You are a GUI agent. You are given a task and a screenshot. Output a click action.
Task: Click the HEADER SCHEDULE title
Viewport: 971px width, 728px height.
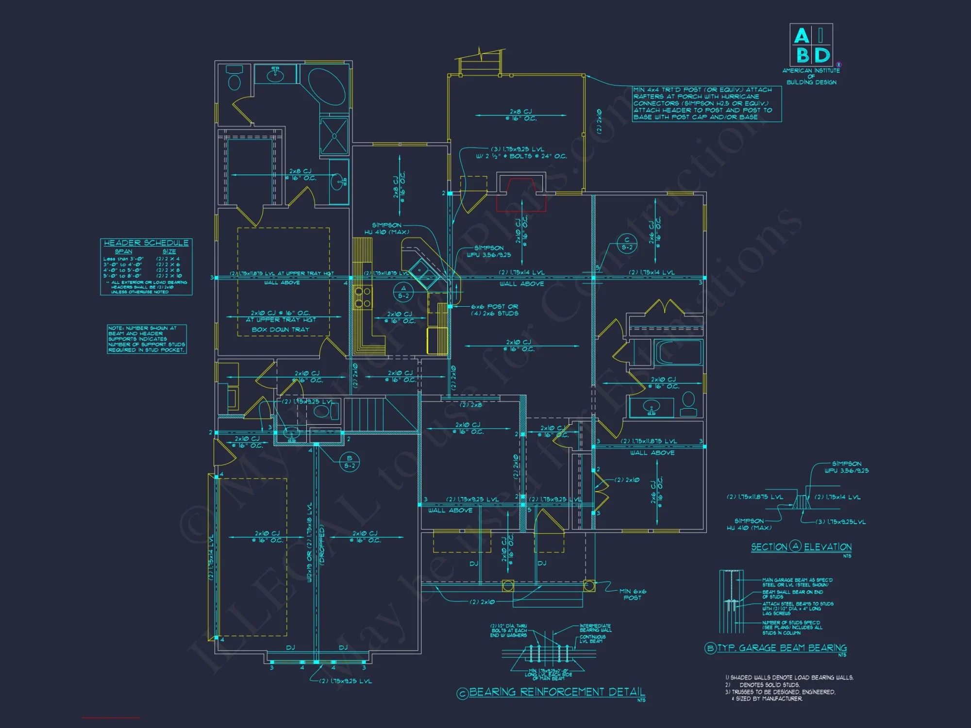146,243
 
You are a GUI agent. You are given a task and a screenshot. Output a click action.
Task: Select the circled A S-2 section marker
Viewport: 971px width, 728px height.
403,292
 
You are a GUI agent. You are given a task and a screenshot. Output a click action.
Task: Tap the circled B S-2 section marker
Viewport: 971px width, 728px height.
349,462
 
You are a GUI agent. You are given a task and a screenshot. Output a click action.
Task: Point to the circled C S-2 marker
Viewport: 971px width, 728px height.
627,243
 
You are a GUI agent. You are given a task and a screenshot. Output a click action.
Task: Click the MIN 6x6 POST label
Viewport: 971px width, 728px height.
632,595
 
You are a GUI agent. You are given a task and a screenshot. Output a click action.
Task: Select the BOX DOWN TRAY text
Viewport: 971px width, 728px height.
280,330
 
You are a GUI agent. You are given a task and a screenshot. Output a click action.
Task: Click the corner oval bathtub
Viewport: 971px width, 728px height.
327,87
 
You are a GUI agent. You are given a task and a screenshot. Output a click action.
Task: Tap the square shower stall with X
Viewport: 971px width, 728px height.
334,136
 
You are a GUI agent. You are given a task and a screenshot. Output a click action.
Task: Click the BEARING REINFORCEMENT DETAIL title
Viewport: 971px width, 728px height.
557,692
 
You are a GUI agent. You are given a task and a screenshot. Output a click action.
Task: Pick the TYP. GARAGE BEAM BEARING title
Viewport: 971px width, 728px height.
782,648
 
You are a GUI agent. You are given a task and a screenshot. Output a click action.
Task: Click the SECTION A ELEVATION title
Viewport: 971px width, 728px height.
801,547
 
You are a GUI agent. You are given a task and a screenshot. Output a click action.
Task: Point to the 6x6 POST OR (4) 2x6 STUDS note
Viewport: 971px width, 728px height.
494,310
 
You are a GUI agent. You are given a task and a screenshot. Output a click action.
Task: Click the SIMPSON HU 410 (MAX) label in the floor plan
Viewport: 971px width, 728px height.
386,229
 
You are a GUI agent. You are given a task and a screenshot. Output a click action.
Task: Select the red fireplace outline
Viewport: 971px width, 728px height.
521,194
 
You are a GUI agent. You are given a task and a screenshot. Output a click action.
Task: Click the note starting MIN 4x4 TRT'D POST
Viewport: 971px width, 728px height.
706,103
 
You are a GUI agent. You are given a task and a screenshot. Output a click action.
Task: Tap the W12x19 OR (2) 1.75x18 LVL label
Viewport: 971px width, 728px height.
310,542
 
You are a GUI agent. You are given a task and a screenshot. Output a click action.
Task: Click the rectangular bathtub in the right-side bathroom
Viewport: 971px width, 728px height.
678,352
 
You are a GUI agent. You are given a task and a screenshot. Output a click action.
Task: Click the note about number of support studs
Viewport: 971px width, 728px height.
147,339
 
